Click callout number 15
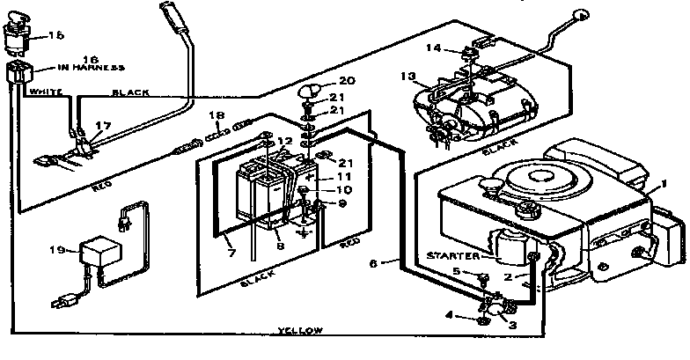click(56, 35)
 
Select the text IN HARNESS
click(74, 67)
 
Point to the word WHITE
click(44, 91)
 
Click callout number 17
click(104, 126)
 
